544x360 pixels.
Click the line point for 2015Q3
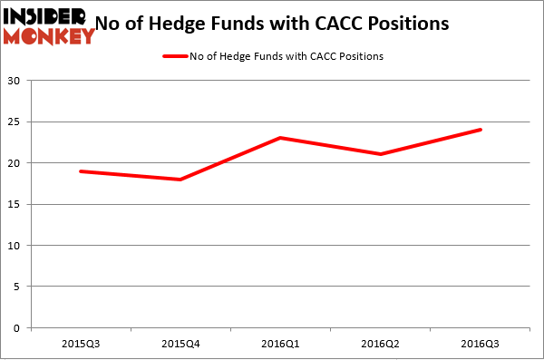click(x=81, y=171)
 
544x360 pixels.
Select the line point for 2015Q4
click(x=180, y=180)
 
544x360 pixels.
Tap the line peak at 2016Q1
click(x=281, y=138)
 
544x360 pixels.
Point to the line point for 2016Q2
click(x=382, y=154)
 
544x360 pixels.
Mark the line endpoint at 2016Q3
click(x=481, y=130)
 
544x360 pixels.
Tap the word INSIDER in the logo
click(x=44, y=15)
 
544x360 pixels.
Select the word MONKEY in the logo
click(x=49, y=36)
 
